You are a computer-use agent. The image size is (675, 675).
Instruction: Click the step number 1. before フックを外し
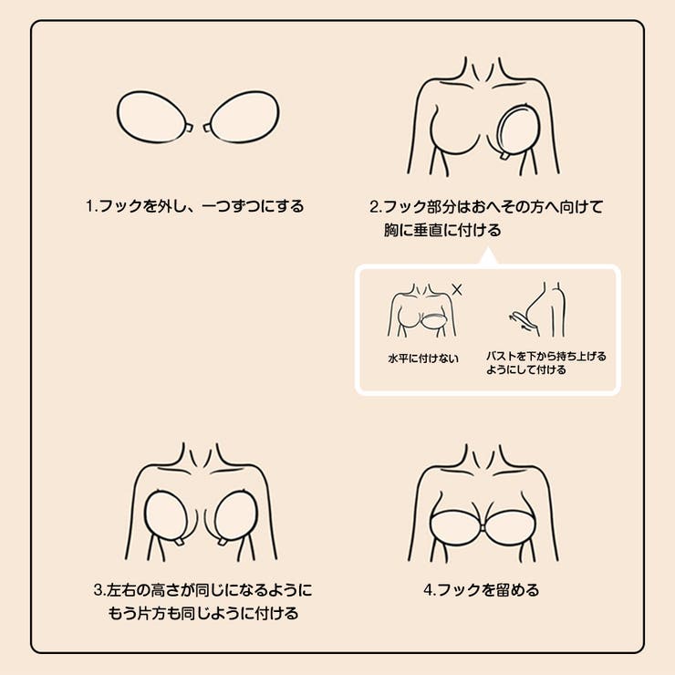[x=92, y=206]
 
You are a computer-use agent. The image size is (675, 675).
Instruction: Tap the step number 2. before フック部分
[x=376, y=207]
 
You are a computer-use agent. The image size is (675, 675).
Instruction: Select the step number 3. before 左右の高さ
[x=99, y=590]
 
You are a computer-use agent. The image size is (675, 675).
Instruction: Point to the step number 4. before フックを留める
[x=430, y=590]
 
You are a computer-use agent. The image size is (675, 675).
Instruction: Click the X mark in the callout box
[x=457, y=290]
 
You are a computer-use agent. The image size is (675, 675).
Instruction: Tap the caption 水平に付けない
[x=423, y=358]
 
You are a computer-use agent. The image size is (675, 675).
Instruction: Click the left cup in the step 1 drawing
[x=151, y=117]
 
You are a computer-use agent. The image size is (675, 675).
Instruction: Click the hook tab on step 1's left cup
[x=190, y=129]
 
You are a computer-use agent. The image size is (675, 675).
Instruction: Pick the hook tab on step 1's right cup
[x=206, y=129]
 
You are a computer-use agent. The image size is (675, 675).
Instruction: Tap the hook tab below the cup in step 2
[x=503, y=156]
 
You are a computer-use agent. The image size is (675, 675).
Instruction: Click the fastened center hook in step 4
[x=483, y=528]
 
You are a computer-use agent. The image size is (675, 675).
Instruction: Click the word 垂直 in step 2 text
[x=428, y=230]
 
